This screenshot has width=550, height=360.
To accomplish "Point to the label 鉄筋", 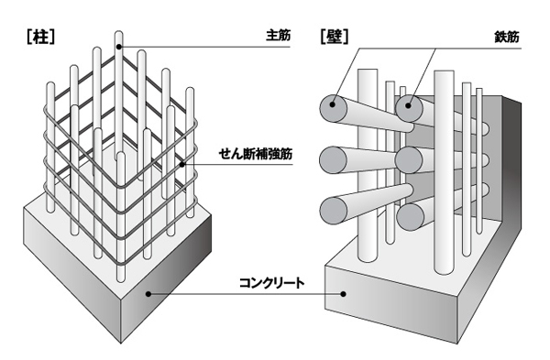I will coord(506,38).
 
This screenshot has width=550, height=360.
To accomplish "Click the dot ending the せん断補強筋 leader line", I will coord(185,165).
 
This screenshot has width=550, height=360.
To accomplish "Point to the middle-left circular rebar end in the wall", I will coord(332,161).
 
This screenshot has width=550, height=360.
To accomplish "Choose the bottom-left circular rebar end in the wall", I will coord(332,213).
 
